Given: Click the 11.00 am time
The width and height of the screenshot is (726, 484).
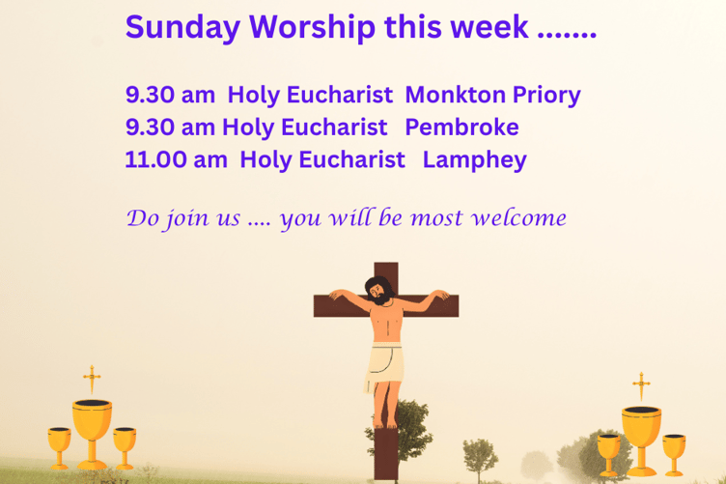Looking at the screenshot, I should [x=175, y=159].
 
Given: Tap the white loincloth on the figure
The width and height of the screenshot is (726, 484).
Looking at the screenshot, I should [x=384, y=362].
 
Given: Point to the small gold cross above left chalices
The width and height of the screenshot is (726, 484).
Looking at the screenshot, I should [x=92, y=379].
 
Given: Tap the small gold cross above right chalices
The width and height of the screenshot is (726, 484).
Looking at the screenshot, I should [x=640, y=384].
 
